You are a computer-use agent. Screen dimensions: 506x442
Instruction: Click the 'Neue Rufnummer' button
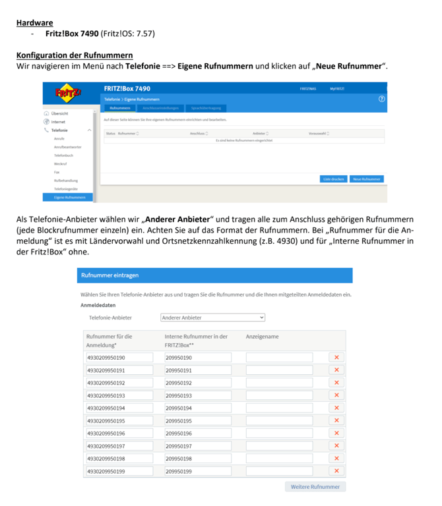[367, 179]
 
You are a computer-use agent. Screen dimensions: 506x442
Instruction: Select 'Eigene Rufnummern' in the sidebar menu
[69, 197]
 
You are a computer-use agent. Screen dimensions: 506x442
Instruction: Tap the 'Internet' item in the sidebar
[58, 122]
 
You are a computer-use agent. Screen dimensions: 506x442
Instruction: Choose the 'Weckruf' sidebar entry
[60, 163]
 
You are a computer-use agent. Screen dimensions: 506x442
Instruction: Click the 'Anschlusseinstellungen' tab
[161, 108]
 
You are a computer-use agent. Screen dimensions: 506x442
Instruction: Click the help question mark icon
[381, 99]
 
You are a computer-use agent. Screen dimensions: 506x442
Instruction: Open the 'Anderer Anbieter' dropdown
[212, 318]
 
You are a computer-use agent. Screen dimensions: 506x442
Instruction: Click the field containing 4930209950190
[119, 358]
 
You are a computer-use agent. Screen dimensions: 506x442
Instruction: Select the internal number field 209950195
[197, 420]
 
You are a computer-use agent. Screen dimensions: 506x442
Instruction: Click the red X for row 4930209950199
[336, 471]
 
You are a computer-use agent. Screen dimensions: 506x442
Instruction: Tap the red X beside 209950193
[336, 395]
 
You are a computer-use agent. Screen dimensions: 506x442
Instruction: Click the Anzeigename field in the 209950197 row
[279, 446]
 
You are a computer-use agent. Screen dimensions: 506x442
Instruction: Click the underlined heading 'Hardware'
[34, 22]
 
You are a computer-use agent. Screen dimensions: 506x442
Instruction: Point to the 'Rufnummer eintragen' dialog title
[110, 275]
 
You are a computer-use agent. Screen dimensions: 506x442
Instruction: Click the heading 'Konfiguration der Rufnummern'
[75, 55]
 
